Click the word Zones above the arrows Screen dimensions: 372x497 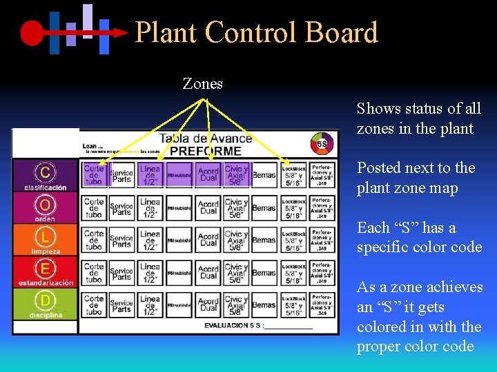(202, 84)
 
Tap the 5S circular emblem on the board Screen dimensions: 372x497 (322, 143)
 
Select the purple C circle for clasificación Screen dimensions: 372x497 (45, 172)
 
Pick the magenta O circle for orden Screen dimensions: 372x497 (45, 205)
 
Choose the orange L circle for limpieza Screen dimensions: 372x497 (45, 237)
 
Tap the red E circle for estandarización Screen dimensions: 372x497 (45, 269)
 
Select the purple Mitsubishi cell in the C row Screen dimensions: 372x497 (179, 175)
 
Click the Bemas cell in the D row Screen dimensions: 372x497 (264, 304)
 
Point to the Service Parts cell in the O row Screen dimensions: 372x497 (121, 207)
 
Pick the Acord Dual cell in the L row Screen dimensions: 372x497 (208, 240)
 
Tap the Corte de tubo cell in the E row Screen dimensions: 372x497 (94, 272)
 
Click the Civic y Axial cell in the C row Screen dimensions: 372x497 (236, 175)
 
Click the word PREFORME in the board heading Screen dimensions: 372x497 (205, 150)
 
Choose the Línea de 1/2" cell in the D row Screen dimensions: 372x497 (150, 304)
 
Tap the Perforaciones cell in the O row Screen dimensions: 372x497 (321, 207)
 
